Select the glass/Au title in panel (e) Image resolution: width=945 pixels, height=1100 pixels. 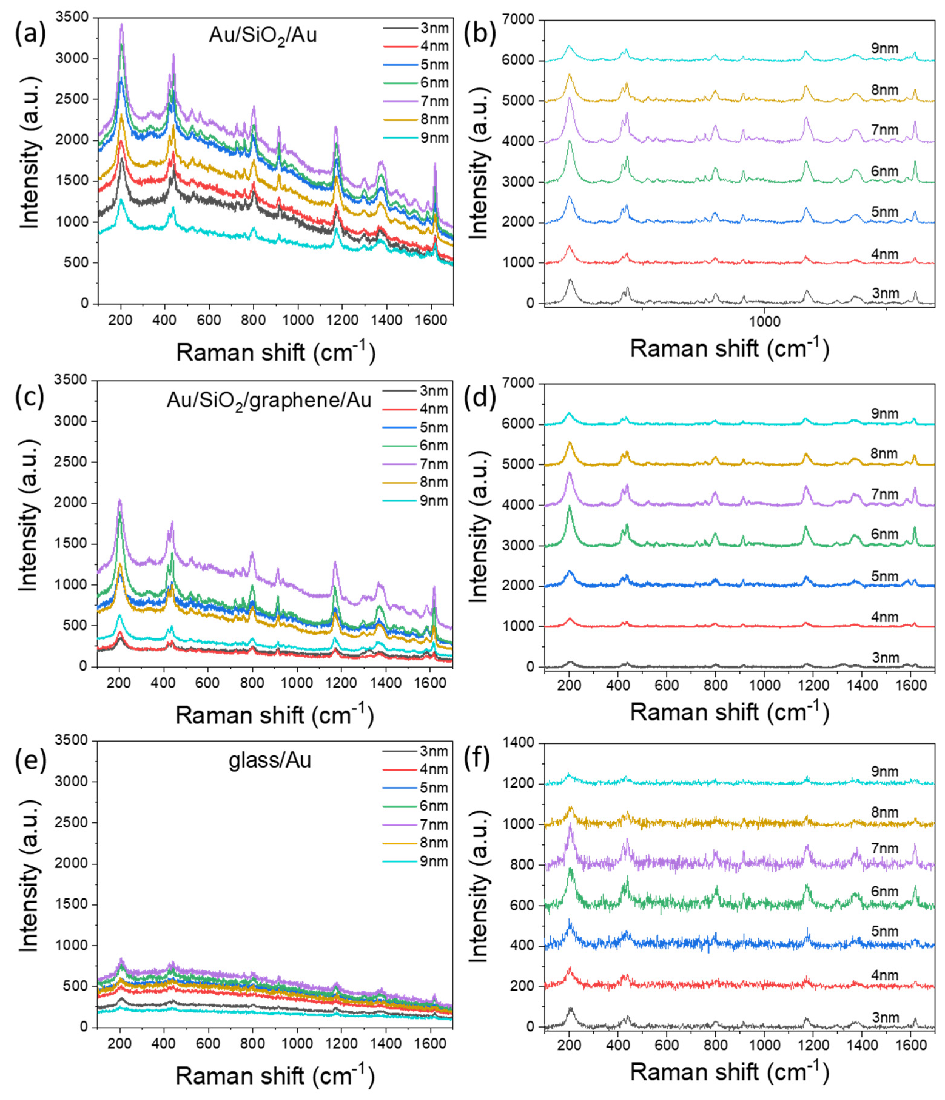click(x=270, y=761)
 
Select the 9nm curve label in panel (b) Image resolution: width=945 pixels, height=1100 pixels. click(x=884, y=48)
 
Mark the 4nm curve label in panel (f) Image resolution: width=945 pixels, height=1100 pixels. click(x=884, y=975)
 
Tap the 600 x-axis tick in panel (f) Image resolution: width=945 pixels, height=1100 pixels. click(x=667, y=1044)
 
